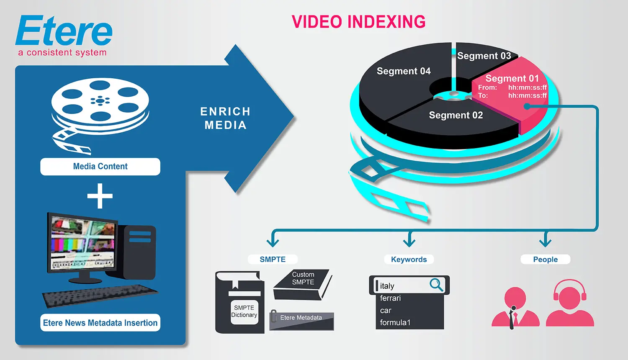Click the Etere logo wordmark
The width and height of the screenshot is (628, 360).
(64, 31)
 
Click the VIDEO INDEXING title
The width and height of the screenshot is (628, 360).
(358, 22)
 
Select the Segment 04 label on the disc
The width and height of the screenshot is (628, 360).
(404, 71)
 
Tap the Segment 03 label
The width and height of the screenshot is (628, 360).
(484, 56)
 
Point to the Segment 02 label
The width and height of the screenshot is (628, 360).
(456, 115)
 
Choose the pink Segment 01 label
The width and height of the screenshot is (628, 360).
(512, 78)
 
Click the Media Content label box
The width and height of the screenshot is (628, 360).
(100, 167)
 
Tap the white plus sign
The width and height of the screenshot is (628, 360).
(100, 196)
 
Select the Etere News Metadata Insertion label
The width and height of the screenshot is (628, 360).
(100, 323)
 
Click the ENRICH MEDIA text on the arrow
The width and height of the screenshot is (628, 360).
(225, 118)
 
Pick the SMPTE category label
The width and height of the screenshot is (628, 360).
(273, 260)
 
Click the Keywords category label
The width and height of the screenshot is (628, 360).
(409, 260)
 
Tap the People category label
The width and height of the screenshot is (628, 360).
(545, 260)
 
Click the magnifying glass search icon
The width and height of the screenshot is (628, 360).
(436, 285)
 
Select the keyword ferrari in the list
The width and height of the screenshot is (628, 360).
(390, 298)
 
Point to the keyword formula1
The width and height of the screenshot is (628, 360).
(395, 322)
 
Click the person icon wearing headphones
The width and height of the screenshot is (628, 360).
(570, 303)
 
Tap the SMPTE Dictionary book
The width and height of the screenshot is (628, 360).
(240, 304)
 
